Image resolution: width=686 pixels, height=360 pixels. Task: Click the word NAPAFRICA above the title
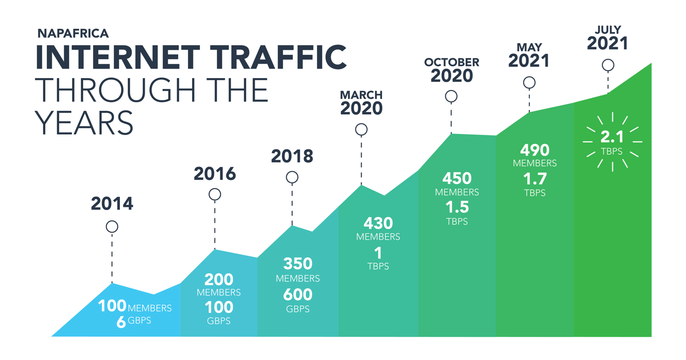point(73,34)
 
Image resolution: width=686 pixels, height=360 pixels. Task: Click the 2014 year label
point(112,203)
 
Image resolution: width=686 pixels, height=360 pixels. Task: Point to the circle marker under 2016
point(215,194)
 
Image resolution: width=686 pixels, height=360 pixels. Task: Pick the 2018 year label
point(292,156)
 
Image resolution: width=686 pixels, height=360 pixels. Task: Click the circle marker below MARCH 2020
point(362,130)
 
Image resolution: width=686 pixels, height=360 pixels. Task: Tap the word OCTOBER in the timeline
point(451,63)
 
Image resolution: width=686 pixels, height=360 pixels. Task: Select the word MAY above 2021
point(529,48)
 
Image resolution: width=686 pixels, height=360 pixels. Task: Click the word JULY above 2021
point(607,30)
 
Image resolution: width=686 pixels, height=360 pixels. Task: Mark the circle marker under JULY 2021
point(608,65)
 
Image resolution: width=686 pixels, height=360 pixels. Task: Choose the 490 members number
point(535,150)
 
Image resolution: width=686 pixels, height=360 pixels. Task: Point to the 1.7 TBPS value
point(535,179)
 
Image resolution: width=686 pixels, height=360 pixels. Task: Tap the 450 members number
point(457,178)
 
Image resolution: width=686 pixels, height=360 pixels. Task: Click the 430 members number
point(378,223)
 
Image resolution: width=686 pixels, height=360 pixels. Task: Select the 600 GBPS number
point(297,294)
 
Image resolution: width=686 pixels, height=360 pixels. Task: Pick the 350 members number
point(297,264)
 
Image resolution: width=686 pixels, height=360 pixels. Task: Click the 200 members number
point(219,279)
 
